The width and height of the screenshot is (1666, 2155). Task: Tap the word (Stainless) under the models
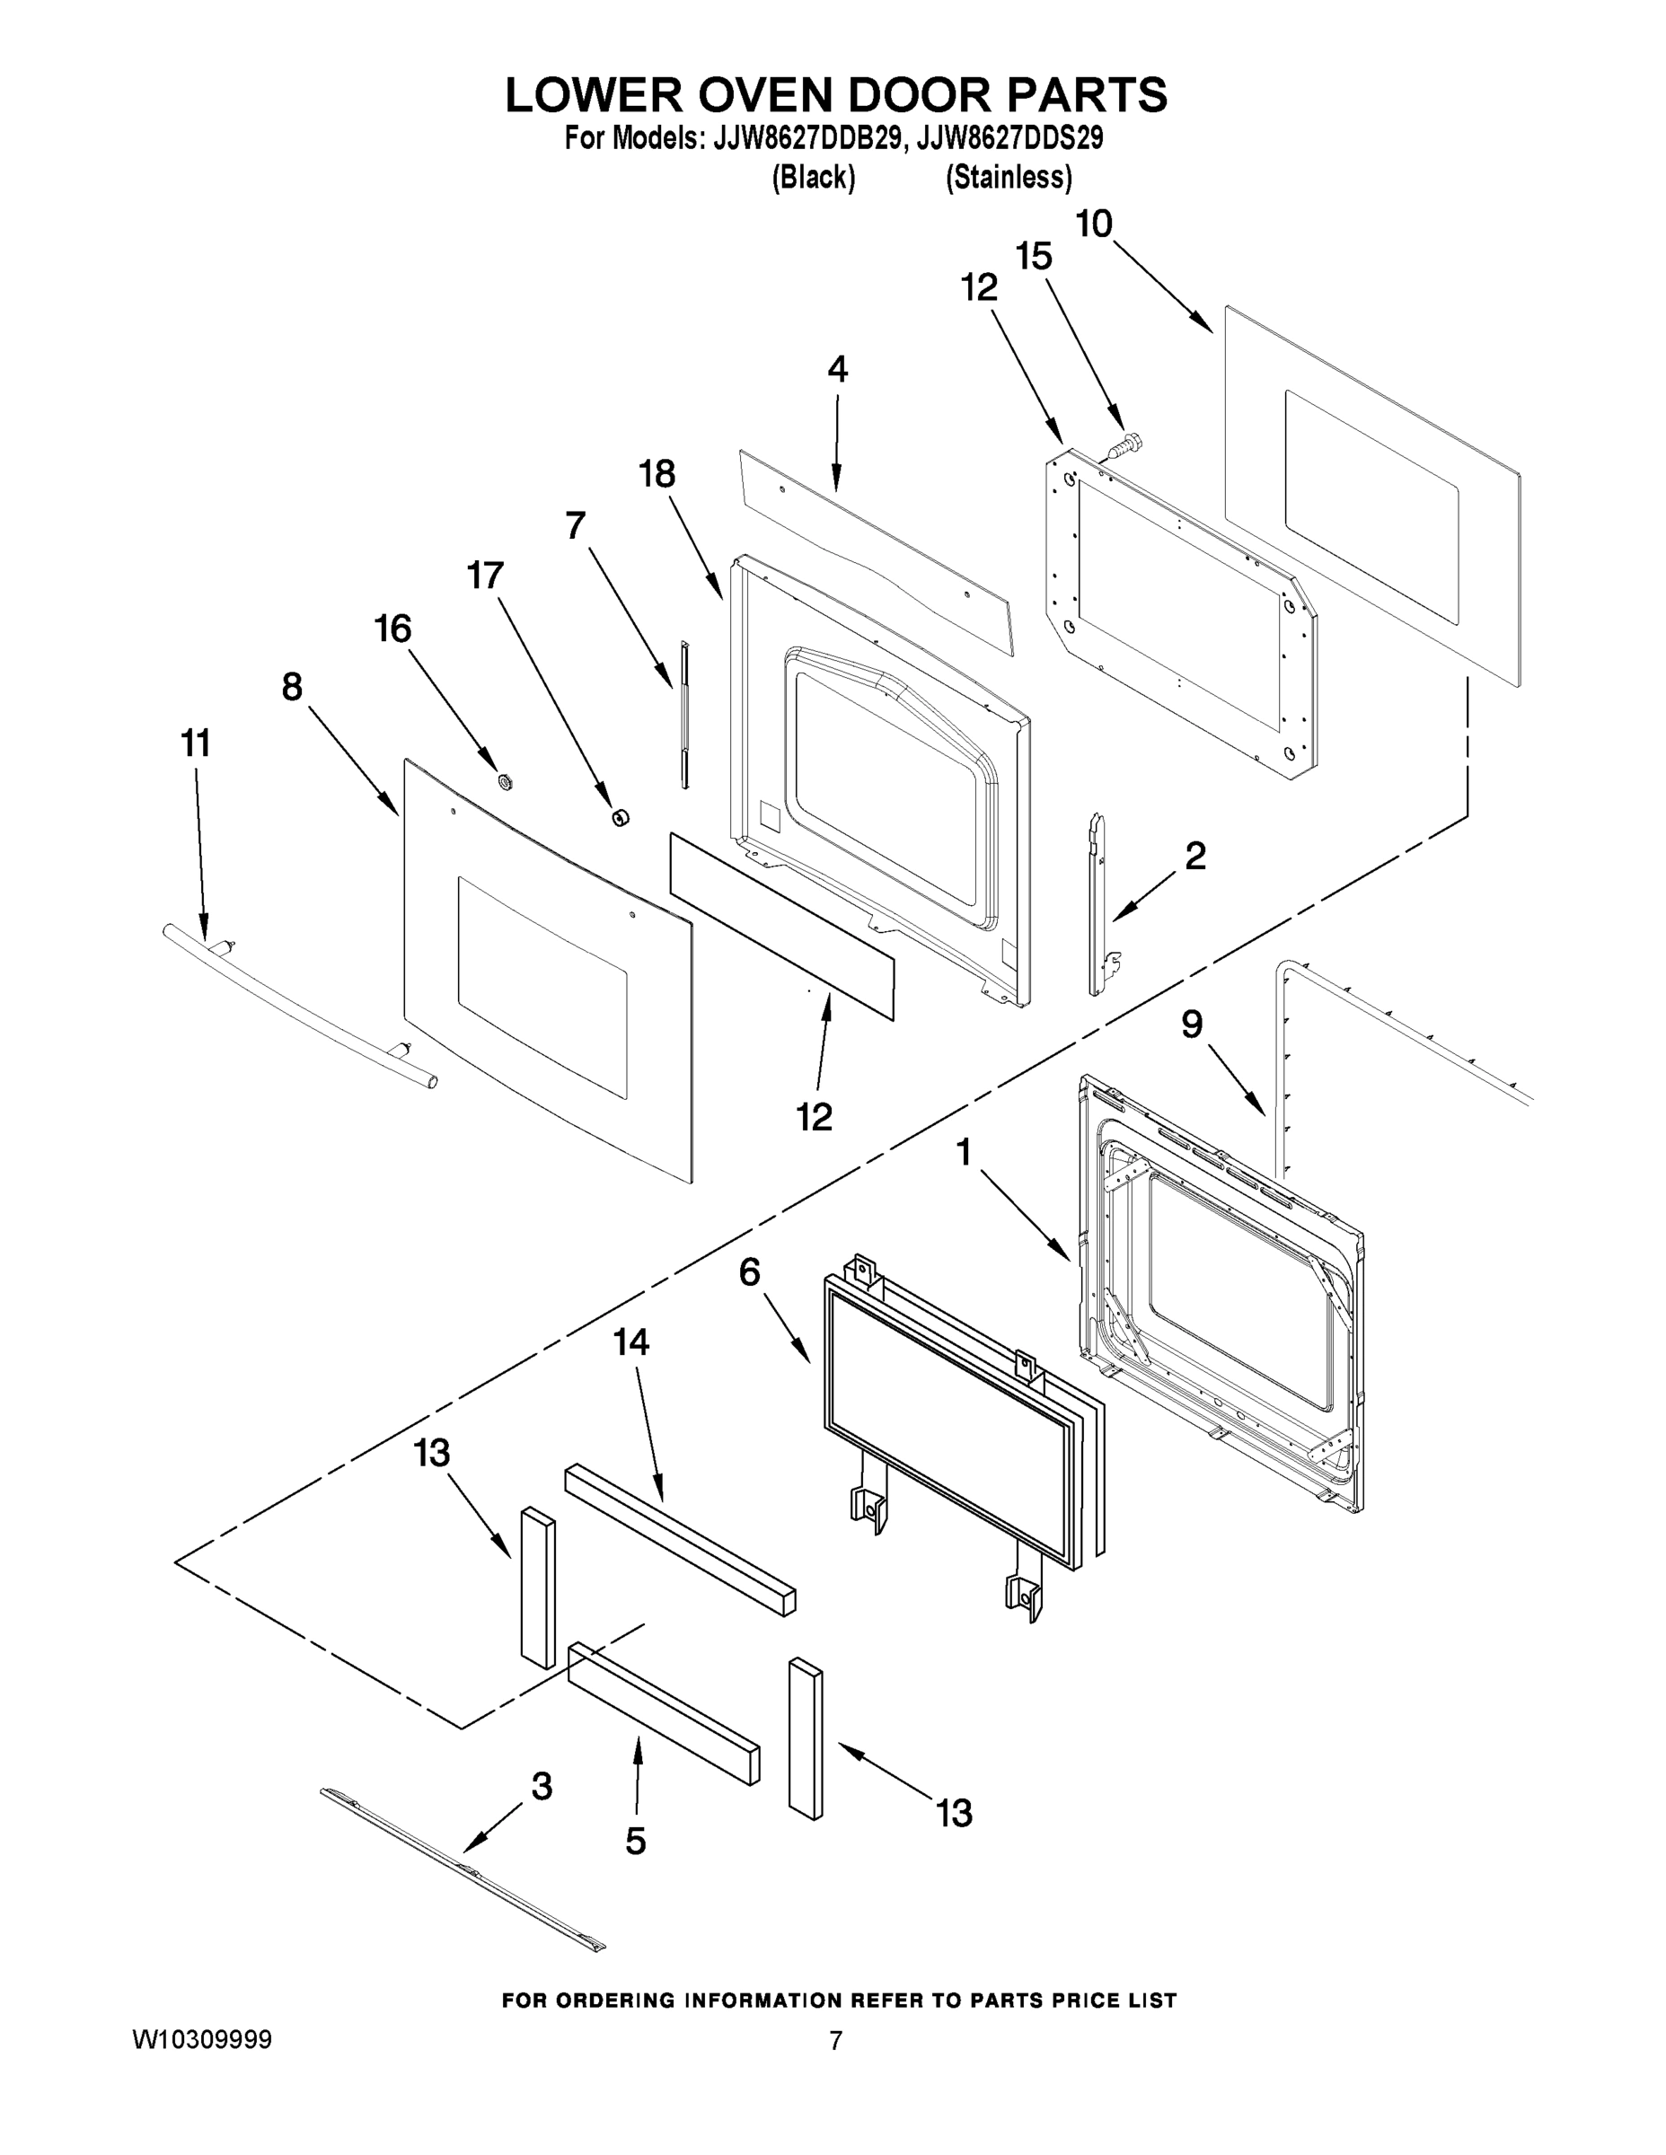pos(1008,178)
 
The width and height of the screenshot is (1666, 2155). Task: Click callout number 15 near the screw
pos(1034,258)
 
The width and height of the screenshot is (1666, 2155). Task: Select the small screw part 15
pos(1122,446)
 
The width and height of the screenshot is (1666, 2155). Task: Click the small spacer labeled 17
pos(620,816)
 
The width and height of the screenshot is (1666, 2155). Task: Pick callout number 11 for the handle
pos(196,743)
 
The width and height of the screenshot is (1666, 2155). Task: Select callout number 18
pos(657,475)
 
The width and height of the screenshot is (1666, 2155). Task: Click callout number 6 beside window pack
pos(749,1273)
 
